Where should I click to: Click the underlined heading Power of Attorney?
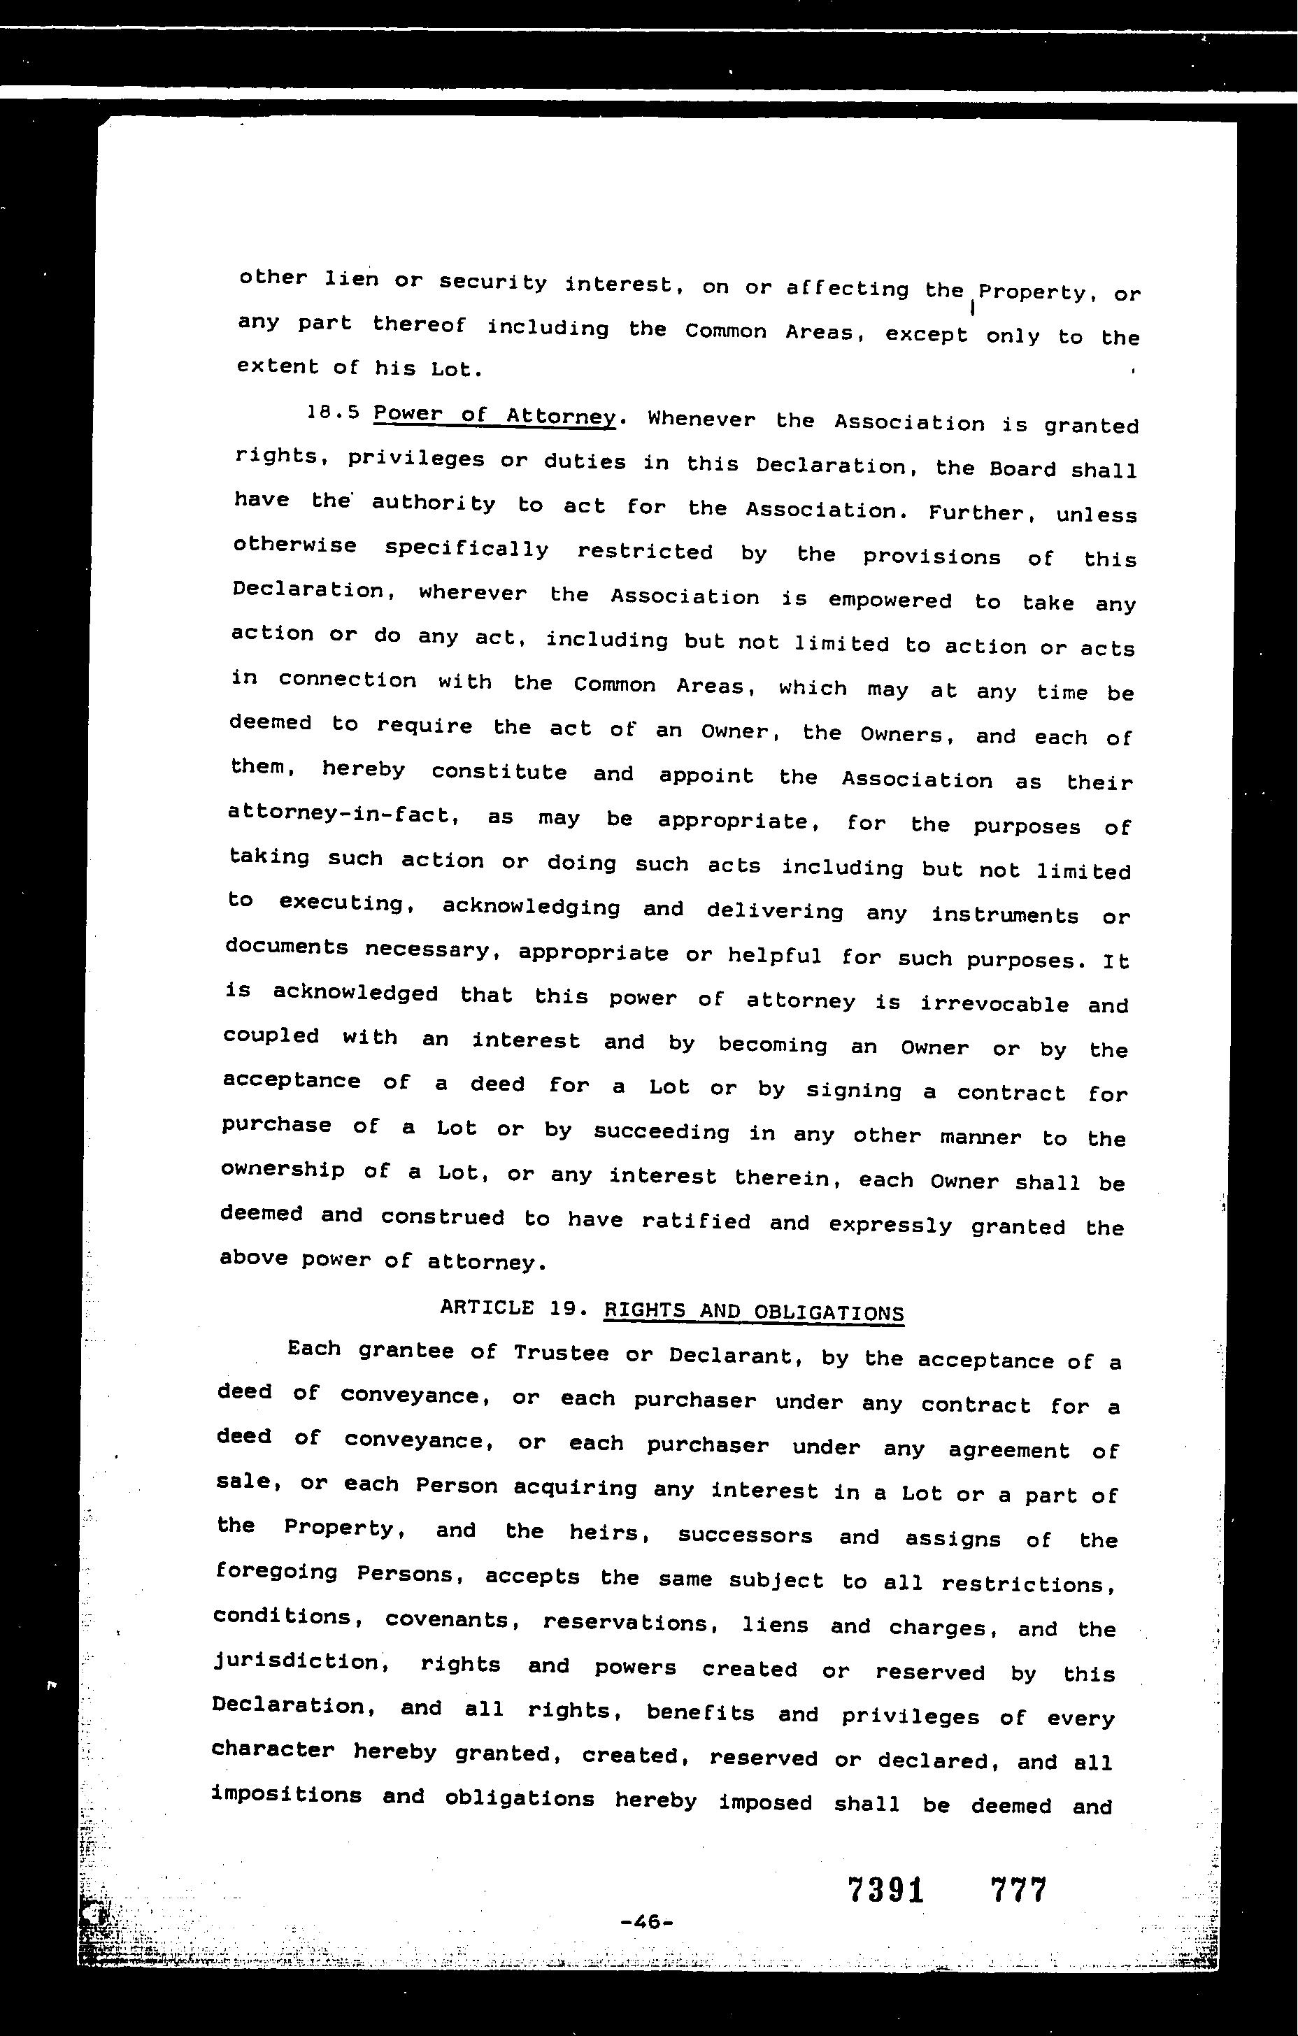[494, 416]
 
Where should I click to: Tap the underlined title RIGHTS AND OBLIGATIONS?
[753, 1312]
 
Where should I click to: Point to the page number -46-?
[646, 1922]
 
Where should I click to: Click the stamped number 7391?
[885, 1890]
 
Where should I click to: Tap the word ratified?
[695, 1221]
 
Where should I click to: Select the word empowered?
[890, 601]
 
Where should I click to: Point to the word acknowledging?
[531, 908]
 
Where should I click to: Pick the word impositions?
[287, 1794]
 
